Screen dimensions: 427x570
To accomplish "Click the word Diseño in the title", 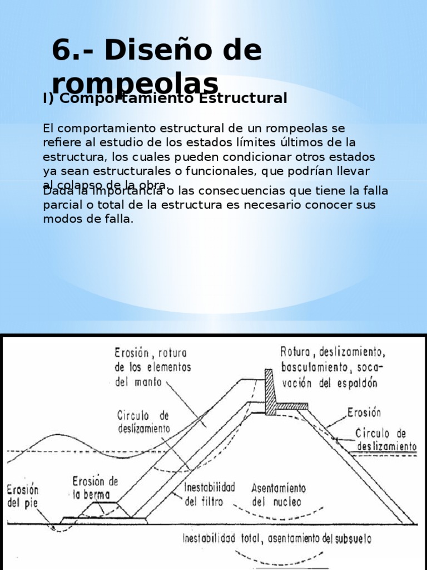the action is click(165, 51).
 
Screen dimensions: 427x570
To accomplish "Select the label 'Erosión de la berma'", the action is click(96, 488).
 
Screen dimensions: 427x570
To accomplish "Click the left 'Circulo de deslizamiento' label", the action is click(143, 422).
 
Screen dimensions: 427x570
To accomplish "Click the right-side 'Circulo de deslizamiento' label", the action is click(387, 440).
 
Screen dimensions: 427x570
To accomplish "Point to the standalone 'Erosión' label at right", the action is click(364, 412).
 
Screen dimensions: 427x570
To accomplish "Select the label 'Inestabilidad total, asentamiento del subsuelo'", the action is click(277, 539).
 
